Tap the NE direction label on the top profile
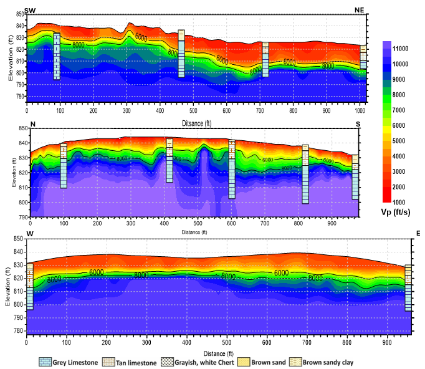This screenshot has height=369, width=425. click(360, 10)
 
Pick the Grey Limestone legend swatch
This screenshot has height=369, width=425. click(46, 361)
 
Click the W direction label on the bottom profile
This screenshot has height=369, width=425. click(29, 234)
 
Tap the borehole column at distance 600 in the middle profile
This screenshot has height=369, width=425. click(232, 170)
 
